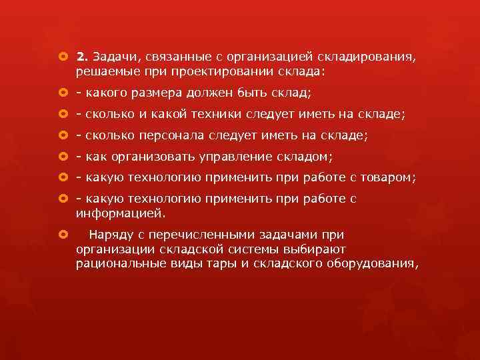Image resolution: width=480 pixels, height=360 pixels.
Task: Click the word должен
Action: pos(213,92)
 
